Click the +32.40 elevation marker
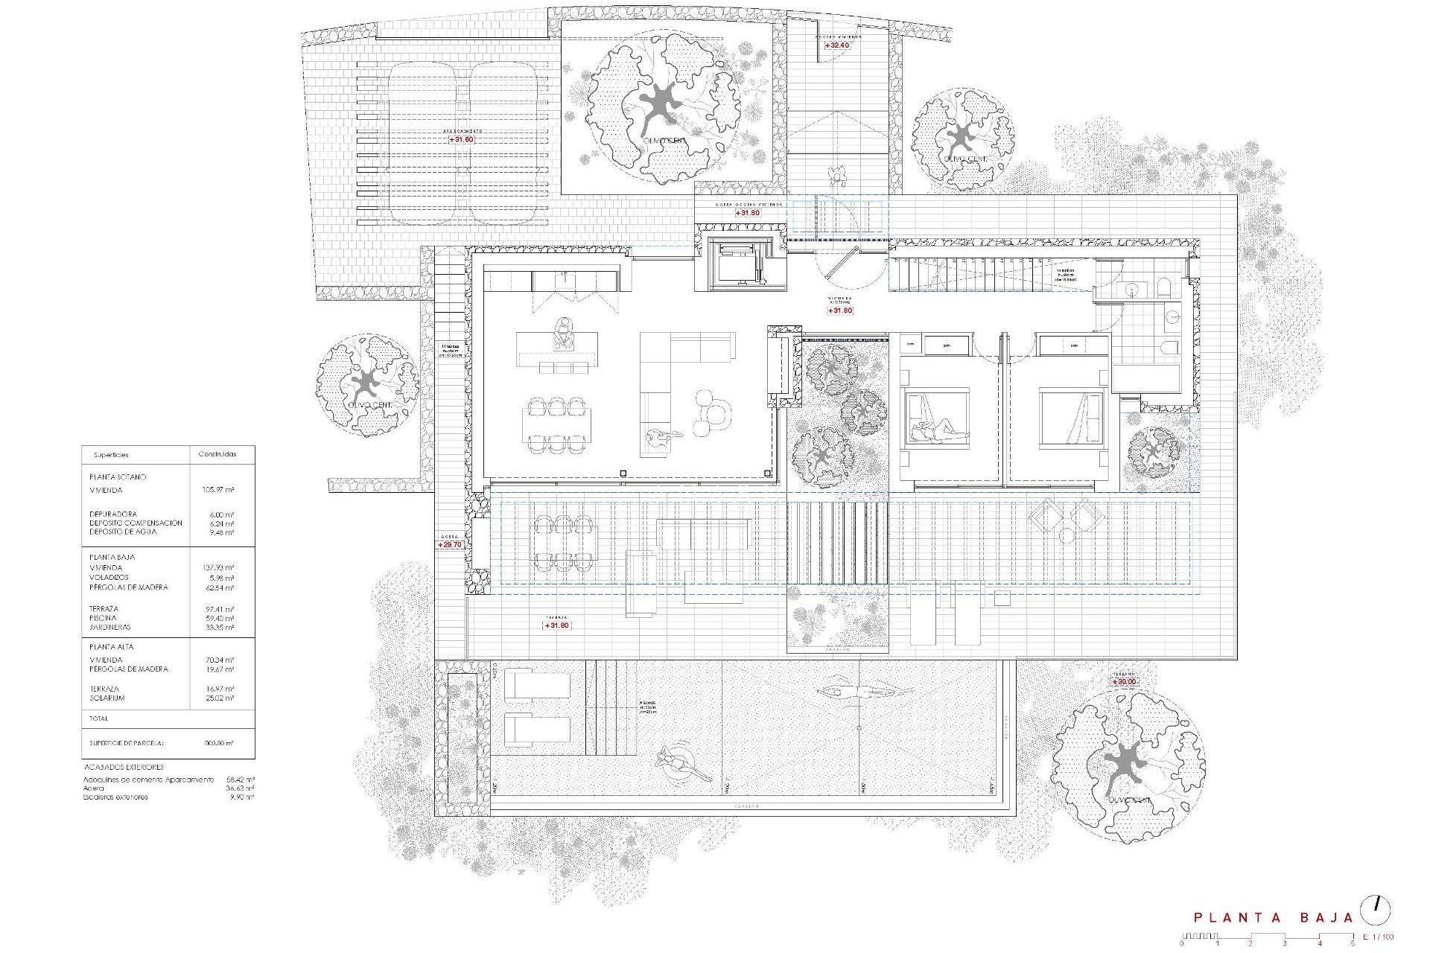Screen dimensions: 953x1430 click(837, 45)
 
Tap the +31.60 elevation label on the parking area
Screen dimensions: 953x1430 click(461, 139)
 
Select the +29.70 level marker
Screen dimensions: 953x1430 click(451, 545)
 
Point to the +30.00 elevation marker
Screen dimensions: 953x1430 click(1124, 681)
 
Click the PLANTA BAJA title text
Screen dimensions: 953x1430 click(1273, 918)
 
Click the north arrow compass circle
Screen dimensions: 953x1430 click(1375, 910)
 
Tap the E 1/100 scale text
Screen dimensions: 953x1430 click(1377, 937)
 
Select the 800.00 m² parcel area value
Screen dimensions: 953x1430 click(218, 743)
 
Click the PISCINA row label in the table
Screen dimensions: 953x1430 click(103, 618)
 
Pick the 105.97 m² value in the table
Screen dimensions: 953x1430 click(218, 490)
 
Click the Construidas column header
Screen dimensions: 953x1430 click(217, 454)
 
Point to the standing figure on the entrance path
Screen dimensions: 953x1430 click(839, 177)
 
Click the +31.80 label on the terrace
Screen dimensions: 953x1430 click(556, 625)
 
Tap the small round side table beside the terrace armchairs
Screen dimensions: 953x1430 click(1067, 535)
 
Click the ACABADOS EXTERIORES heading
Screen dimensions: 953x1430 click(123, 767)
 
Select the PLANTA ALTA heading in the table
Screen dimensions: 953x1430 click(112, 647)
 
